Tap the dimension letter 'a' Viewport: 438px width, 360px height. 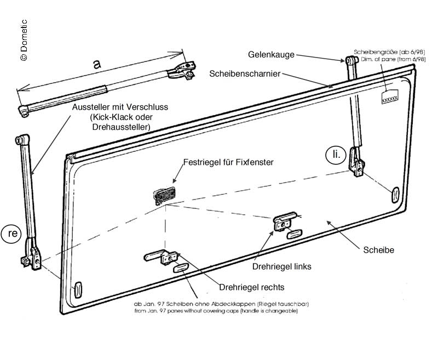pos(97,64)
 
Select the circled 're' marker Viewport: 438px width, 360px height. pos(14,233)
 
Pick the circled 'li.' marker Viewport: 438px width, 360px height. pos(336,155)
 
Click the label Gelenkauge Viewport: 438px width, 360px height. pos(272,55)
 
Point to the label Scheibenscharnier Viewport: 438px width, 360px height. pos(245,73)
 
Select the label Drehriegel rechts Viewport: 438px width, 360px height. pos(251,287)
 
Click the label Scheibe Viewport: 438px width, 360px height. pos(378,250)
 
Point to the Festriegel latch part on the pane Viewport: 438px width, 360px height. pos(165,194)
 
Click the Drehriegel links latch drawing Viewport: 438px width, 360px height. pos(285,222)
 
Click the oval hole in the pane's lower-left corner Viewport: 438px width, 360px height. pos(77,289)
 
